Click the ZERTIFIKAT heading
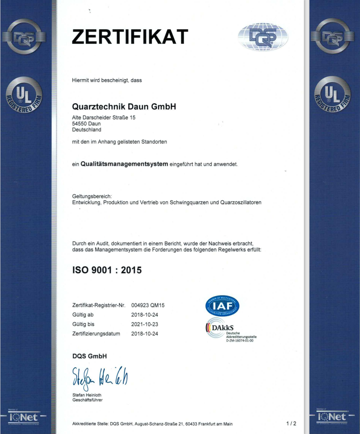coord(130,37)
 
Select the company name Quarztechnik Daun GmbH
coord(124,107)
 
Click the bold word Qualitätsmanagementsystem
coord(124,164)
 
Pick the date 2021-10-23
coord(144,324)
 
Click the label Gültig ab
coord(83,315)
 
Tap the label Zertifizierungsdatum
coord(96,334)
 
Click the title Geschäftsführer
coord(87,400)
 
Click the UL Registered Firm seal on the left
coord(24,96)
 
